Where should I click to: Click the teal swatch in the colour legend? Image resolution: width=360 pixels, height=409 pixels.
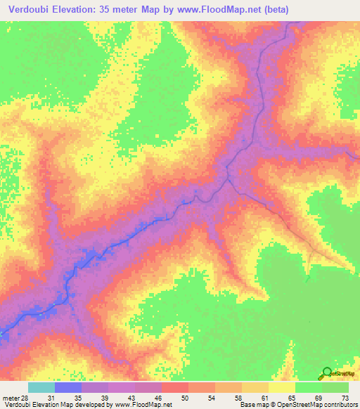[x=41, y=387]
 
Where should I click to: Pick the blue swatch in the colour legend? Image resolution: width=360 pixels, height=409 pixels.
[x=67, y=387]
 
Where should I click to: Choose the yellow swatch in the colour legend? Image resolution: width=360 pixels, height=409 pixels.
[x=281, y=387]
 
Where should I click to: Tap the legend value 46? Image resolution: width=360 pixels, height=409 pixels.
[x=158, y=398]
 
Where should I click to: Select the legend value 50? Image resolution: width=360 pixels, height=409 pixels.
[x=185, y=398]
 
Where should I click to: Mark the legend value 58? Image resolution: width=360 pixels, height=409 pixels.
[x=238, y=398]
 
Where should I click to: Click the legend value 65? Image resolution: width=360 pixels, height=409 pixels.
[x=292, y=398]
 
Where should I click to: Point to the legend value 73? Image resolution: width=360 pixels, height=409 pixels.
[x=345, y=398]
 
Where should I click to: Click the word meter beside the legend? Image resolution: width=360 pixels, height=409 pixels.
[x=11, y=398]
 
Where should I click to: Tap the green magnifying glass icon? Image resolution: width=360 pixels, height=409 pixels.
[x=327, y=373]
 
